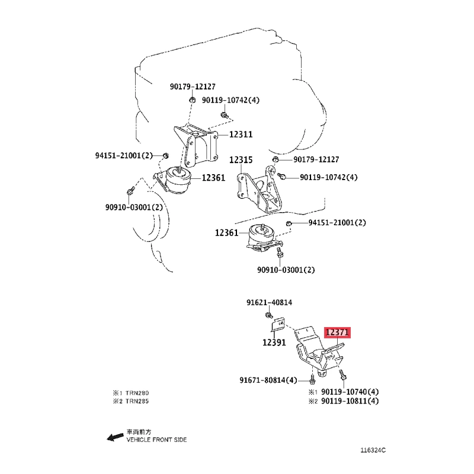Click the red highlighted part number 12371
[337, 332]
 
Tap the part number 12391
[274, 342]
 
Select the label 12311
[241, 134]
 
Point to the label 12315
[241, 159]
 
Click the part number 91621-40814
[270, 302]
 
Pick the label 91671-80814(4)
[268, 380]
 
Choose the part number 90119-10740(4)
[350, 392]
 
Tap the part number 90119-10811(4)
[350, 401]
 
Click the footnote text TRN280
[137, 393]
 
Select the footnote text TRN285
[137, 401]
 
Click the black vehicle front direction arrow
[115, 437]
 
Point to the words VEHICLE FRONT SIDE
[156, 440]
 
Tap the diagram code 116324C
[373, 450]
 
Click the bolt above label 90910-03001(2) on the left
[130, 191]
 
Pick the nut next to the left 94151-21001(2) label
[165, 156]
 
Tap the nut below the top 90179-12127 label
[192, 100]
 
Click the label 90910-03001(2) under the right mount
[286, 270]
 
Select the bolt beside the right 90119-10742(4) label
[281, 175]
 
